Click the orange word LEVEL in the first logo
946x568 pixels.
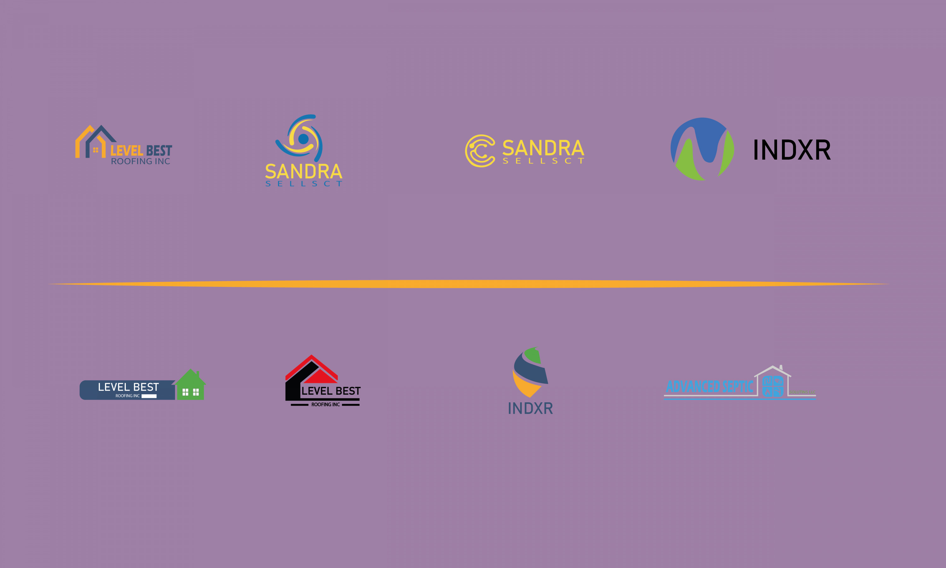pyautogui.click(x=126, y=151)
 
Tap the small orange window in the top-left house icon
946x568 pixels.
pyautogui.click(x=96, y=150)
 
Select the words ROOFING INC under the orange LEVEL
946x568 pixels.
pyautogui.click(x=140, y=162)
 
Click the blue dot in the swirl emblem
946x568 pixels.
pyautogui.click(x=303, y=139)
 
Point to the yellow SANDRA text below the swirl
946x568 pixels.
pyautogui.click(x=304, y=171)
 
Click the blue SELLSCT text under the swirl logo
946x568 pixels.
pyautogui.click(x=304, y=184)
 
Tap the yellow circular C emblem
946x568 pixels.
pyautogui.click(x=480, y=151)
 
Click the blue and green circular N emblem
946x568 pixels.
pyautogui.click(x=702, y=149)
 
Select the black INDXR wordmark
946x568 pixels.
pyautogui.click(x=792, y=150)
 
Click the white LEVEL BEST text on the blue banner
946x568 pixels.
pyautogui.click(x=128, y=387)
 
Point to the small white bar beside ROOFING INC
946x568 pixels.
pyautogui.click(x=149, y=396)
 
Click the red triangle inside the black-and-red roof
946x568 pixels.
pyautogui.click(x=320, y=377)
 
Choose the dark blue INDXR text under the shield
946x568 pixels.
pyautogui.click(x=530, y=408)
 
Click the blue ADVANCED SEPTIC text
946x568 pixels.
pyautogui.click(x=709, y=387)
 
